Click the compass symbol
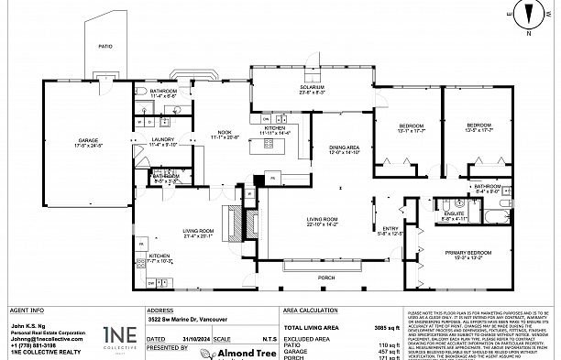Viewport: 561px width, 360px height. [528, 14]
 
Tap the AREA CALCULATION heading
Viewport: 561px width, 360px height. [311, 311]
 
